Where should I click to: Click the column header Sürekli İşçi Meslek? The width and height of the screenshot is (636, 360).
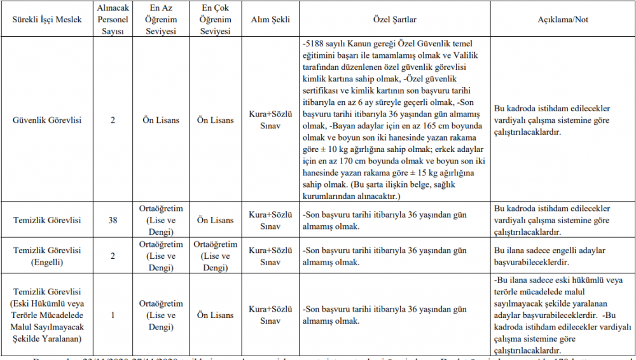pyautogui.click(x=48, y=20)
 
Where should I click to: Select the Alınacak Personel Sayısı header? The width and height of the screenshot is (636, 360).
pyautogui.click(x=113, y=20)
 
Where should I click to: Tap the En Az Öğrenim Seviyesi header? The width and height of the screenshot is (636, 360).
pyautogui.click(x=160, y=20)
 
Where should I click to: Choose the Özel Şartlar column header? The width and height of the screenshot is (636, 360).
pyautogui.click(x=395, y=20)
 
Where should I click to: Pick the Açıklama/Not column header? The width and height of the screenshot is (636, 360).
pyautogui.click(x=562, y=20)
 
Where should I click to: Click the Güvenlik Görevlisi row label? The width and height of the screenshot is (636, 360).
pyautogui.click(x=48, y=120)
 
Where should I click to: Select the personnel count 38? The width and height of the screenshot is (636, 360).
pyautogui.click(x=113, y=220)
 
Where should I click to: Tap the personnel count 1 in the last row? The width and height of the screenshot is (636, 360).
pyautogui.click(x=113, y=315)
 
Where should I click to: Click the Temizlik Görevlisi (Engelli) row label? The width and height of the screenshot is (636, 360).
pyautogui.click(x=48, y=256)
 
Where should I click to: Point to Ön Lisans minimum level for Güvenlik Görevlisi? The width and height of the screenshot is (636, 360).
pyautogui.click(x=160, y=120)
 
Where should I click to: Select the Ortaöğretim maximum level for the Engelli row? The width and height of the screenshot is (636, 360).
pyautogui.click(x=215, y=256)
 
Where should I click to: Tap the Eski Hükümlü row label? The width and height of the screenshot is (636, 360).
pyautogui.click(x=48, y=315)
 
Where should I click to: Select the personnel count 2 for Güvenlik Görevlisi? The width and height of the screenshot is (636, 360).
pyautogui.click(x=113, y=120)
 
